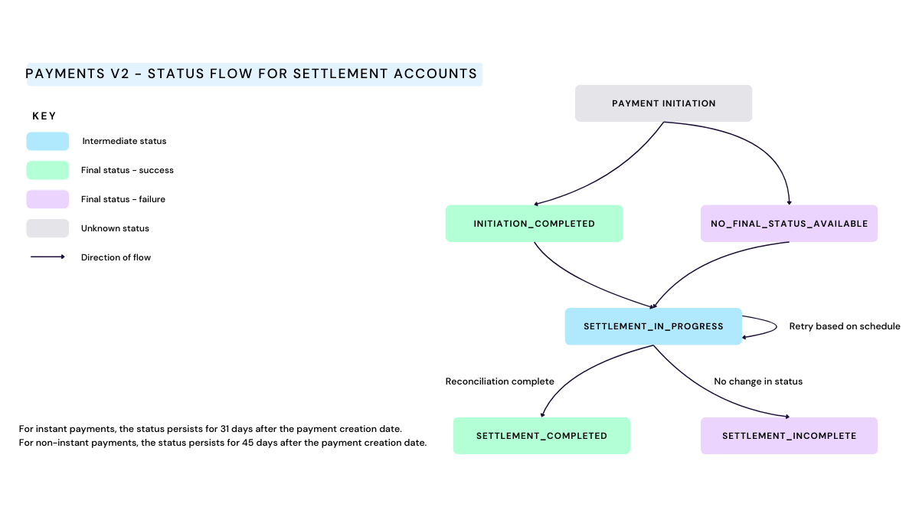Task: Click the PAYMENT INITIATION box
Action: [x=663, y=103]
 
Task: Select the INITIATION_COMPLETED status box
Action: [x=534, y=224]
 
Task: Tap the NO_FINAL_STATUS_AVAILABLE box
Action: [x=789, y=224]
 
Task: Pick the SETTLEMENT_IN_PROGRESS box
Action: [x=653, y=326]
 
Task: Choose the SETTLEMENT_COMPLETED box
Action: [x=541, y=436]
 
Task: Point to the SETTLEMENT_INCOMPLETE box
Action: [x=789, y=436]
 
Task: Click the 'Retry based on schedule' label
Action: [x=845, y=326]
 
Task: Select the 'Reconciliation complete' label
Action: [x=499, y=381]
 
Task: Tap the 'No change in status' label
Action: [x=758, y=381]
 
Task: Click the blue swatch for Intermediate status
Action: [x=47, y=142]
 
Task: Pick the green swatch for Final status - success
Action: [x=47, y=170]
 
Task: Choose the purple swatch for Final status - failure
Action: [x=47, y=199]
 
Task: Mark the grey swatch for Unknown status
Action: [x=47, y=228]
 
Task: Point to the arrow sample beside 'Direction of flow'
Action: [x=47, y=257]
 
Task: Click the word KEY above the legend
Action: [x=44, y=116]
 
